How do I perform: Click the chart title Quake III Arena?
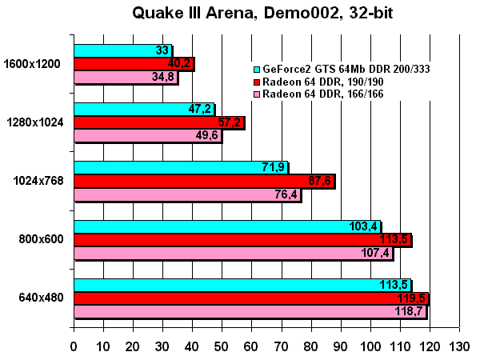[259, 14]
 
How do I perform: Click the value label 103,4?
[363, 226]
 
